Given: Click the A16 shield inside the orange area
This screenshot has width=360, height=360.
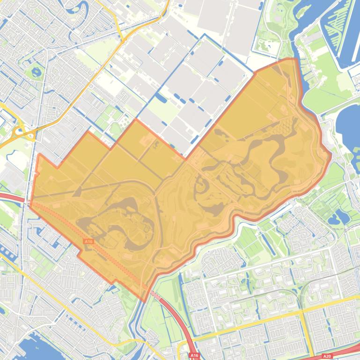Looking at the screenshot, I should click(88, 241).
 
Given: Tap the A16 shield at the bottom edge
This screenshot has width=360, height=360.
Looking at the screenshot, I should click(194, 356).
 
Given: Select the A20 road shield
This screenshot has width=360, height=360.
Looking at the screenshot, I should click(327, 356).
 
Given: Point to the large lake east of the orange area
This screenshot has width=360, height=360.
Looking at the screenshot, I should click(349, 126).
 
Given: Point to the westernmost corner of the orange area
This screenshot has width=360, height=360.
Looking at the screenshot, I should click(30, 204).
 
